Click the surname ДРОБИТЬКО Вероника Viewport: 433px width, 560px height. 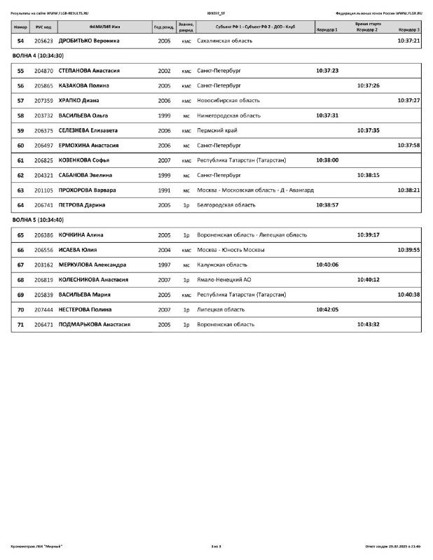pos(89,41)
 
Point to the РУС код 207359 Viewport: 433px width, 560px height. pos(44,101)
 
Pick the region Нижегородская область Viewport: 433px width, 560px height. pos(229,115)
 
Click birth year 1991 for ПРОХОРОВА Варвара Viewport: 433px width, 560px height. pos(164,190)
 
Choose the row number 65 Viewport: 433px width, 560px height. pos(20,235)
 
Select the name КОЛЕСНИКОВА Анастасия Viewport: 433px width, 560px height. pos(93,279)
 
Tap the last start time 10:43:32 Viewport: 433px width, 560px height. pos(368,324)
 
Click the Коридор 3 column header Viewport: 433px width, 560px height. pos(409,31)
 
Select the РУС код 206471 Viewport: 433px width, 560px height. pos(44,324)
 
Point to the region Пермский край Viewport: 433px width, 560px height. pos(218,130)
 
